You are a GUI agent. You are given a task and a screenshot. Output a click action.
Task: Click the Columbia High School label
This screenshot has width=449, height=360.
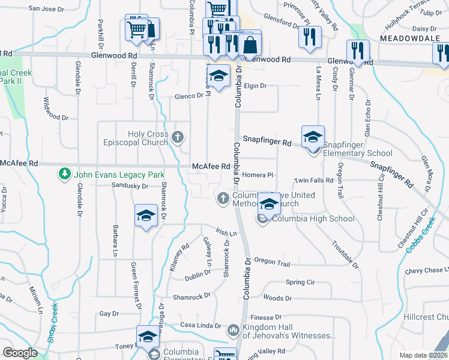[313, 218]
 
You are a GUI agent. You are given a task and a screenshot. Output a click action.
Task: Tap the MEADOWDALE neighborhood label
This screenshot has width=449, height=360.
[406, 37]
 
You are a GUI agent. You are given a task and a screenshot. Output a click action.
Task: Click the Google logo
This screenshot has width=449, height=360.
[19, 353]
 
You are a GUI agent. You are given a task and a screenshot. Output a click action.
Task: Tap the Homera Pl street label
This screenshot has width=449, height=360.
[259, 175]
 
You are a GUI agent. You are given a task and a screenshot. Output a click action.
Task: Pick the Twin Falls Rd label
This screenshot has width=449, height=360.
[313, 181]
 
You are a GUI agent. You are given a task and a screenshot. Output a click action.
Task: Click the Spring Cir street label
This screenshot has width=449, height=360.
[300, 282]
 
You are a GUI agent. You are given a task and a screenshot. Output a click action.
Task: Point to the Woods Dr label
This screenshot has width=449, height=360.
[277, 298]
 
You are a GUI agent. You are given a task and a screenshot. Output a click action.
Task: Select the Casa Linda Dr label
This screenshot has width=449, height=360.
[201, 326]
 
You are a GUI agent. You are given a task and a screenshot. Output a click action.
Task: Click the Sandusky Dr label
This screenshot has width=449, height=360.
[129, 187]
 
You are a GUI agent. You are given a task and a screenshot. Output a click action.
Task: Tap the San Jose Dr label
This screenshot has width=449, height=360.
[46, 9]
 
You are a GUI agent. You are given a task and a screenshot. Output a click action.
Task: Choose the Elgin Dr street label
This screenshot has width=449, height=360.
[255, 86]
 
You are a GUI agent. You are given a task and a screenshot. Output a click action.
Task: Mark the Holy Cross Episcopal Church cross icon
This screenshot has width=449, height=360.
[177, 137]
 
